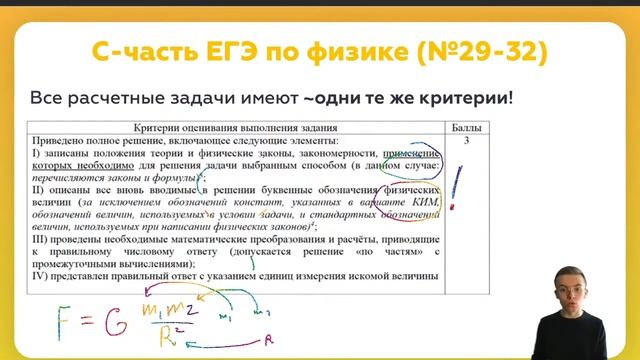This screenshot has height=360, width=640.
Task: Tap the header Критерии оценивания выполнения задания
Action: [236, 128]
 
